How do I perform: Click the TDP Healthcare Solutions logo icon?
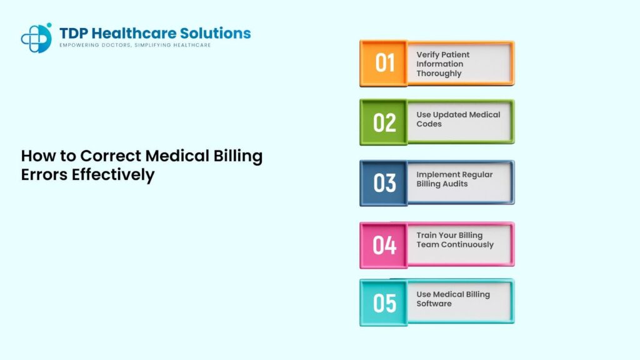pos(36,38)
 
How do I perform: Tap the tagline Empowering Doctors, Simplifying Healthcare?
pos(134,46)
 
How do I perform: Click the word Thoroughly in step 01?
pos(439,73)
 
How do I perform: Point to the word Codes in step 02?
pos(429,124)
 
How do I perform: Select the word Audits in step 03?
pos(454,184)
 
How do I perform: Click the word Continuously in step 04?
pos(467,244)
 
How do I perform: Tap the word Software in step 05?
pos(434,304)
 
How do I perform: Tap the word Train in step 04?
pos(427,235)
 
